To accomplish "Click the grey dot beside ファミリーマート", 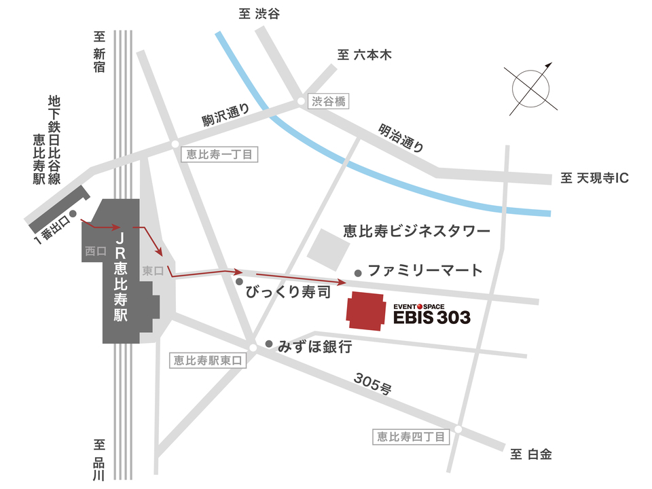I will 358,273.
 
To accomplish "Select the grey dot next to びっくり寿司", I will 239,281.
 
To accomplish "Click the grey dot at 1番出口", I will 73,213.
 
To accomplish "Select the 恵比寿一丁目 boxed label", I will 221,155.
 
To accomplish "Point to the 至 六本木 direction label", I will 365,55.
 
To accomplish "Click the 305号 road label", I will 372,385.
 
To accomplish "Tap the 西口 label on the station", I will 95,251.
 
